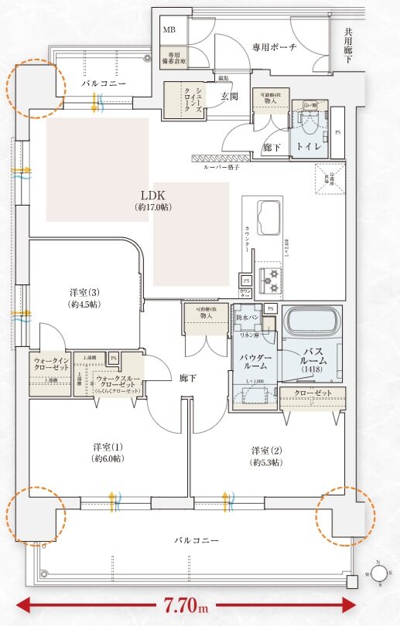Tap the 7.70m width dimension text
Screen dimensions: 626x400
185,604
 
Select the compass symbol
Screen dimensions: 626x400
379,573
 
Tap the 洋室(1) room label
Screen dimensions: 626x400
109,453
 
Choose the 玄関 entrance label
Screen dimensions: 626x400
230,96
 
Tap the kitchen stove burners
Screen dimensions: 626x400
273,279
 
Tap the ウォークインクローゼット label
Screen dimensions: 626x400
51,365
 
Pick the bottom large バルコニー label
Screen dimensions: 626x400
196,540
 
